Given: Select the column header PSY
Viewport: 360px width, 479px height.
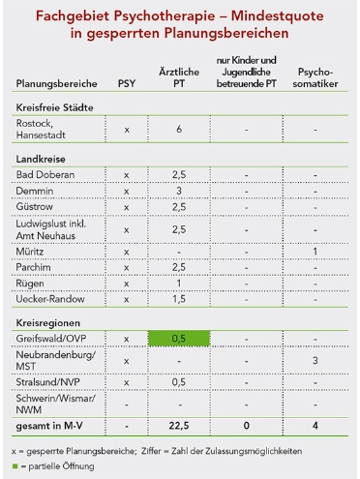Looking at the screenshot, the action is [x=126, y=84].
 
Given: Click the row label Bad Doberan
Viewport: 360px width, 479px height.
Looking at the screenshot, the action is [x=41, y=174].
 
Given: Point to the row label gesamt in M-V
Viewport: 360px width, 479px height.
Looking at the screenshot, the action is [x=51, y=427].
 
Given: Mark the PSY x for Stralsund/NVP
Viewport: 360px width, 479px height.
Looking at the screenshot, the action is [x=126, y=383].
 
